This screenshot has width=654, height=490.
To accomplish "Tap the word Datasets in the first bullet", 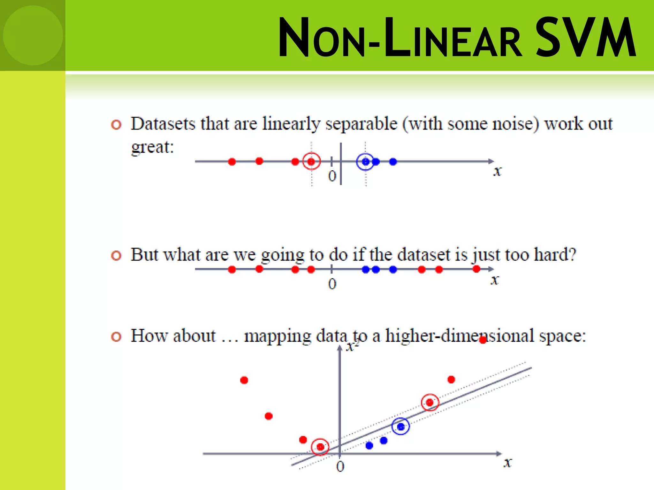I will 163,124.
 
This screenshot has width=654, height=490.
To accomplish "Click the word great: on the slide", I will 153,147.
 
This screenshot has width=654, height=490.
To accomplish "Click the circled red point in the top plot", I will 311,162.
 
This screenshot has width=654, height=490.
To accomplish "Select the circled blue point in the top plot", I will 366,162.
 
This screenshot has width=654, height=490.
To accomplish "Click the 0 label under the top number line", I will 332,176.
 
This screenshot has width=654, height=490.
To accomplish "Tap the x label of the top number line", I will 497,171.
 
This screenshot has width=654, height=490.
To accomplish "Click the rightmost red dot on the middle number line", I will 476,269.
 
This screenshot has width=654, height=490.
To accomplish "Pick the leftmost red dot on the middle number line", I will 232,270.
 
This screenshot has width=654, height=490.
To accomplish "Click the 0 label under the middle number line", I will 332,284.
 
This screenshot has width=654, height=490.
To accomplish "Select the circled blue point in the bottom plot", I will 400,427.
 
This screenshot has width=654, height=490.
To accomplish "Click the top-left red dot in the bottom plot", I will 244,380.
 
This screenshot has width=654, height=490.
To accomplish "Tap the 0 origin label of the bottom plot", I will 340,467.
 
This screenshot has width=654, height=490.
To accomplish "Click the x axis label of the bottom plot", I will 507,463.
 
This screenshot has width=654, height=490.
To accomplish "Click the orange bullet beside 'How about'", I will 116,337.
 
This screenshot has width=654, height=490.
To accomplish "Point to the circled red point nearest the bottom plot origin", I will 320,447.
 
